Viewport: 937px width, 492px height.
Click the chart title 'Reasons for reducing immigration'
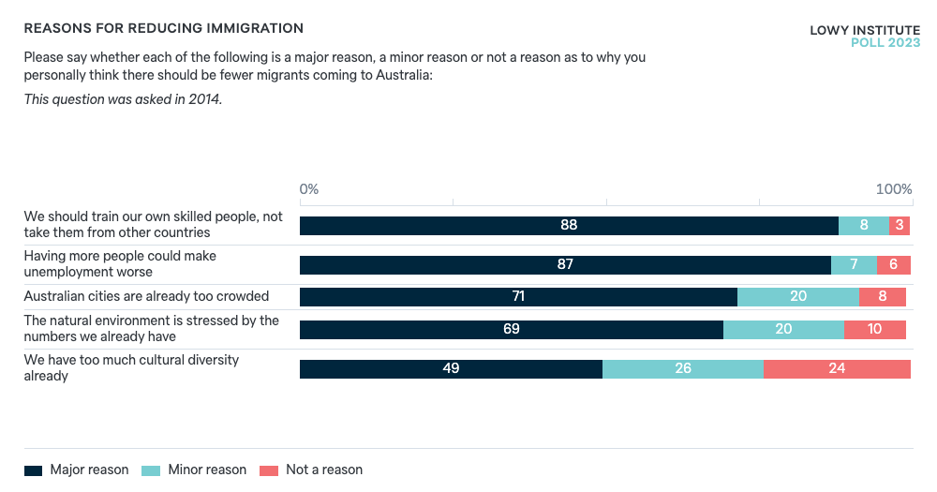click(163, 29)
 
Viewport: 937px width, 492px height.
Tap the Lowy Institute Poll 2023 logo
click(865, 37)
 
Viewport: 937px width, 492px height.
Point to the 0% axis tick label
click(309, 189)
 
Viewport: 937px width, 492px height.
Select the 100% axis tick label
click(894, 189)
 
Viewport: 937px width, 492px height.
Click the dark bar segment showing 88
click(569, 226)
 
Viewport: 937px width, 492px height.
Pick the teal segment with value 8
click(863, 226)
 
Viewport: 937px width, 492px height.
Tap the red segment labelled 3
click(900, 226)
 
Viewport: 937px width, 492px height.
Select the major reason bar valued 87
click(565, 265)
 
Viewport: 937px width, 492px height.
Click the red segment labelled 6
click(893, 265)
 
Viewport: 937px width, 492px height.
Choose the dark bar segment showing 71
click(518, 297)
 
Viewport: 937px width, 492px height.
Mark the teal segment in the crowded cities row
click(798, 297)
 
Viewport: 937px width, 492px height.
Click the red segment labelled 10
click(875, 330)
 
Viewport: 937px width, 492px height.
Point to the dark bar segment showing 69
click(512, 330)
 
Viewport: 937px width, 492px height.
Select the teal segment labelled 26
click(683, 369)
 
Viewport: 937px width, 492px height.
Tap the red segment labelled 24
click(837, 369)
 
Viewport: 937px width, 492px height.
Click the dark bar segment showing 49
click(451, 369)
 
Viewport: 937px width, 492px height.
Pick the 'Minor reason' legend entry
click(194, 470)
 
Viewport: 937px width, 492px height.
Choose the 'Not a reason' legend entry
click(312, 470)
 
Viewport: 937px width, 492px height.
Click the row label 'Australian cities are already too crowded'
click(146, 296)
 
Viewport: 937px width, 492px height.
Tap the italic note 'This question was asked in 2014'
click(123, 99)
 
